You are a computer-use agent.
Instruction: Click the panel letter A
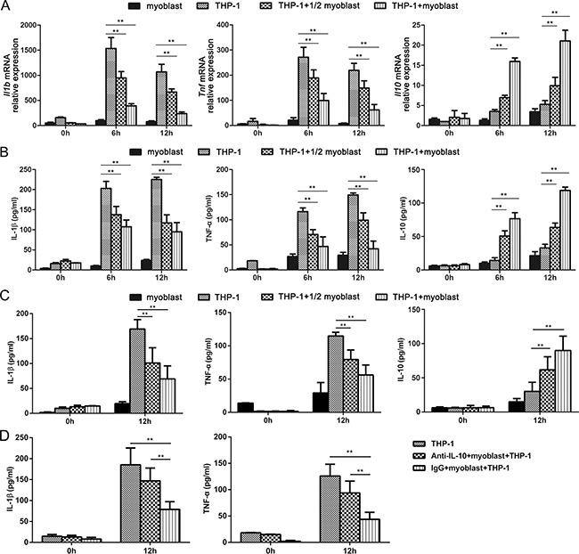point(7,6)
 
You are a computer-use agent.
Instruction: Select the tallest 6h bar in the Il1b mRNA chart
point(111,87)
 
